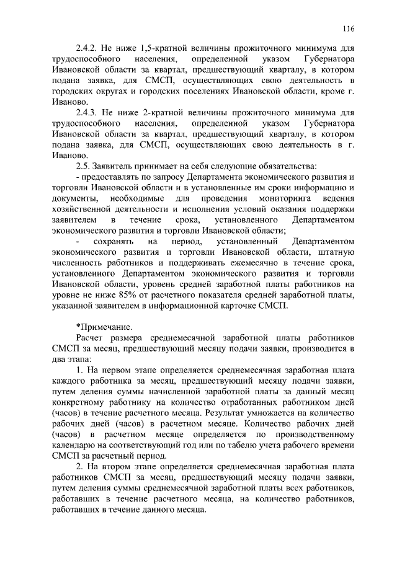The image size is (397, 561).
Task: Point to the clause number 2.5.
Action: click(x=83, y=167)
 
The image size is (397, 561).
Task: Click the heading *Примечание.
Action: click(x=103, y=326)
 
